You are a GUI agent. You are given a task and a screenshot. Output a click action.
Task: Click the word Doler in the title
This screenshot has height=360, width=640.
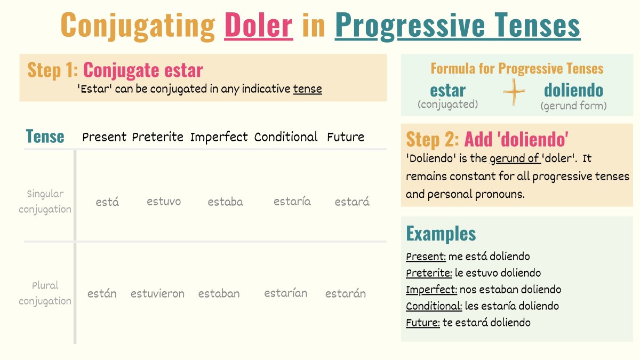[259, 25]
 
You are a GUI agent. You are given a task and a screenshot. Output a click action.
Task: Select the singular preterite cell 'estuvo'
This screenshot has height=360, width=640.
[164, 202]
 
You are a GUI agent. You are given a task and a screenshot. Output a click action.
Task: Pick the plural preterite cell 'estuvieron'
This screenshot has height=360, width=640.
[157, 293]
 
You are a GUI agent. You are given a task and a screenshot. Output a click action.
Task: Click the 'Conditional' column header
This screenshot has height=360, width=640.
[286, 137]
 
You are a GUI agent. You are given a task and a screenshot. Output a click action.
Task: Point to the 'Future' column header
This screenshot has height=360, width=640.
[346, 137]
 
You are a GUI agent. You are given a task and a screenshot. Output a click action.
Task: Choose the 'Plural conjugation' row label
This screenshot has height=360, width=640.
[45, 293]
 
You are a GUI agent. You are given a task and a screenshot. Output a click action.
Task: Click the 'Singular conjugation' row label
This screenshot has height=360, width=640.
[45, 202]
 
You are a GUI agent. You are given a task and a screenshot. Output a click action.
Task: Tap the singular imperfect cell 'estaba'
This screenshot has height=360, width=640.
[225, 202]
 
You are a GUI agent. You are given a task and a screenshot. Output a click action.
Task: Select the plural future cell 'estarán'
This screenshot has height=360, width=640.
[346, 293]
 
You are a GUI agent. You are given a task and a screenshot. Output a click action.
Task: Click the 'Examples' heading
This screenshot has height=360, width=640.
[441, 234]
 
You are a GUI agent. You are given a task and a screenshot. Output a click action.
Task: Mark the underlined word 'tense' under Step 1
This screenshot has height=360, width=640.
[307, 89]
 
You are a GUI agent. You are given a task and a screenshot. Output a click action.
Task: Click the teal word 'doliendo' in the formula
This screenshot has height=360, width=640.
[573, 90]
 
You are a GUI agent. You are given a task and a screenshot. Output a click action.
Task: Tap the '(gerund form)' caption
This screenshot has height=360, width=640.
[573, 106]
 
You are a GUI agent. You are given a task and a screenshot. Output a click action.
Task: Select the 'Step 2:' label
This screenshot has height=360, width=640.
[433, 139]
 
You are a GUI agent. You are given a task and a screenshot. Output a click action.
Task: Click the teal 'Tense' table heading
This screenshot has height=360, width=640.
[45, 137]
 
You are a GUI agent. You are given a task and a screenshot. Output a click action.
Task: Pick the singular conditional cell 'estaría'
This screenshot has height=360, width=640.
[292, 202]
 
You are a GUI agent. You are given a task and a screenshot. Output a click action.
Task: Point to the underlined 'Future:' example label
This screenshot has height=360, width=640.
[422, 323]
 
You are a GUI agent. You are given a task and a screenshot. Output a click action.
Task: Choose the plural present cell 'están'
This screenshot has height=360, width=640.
[102, 293]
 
